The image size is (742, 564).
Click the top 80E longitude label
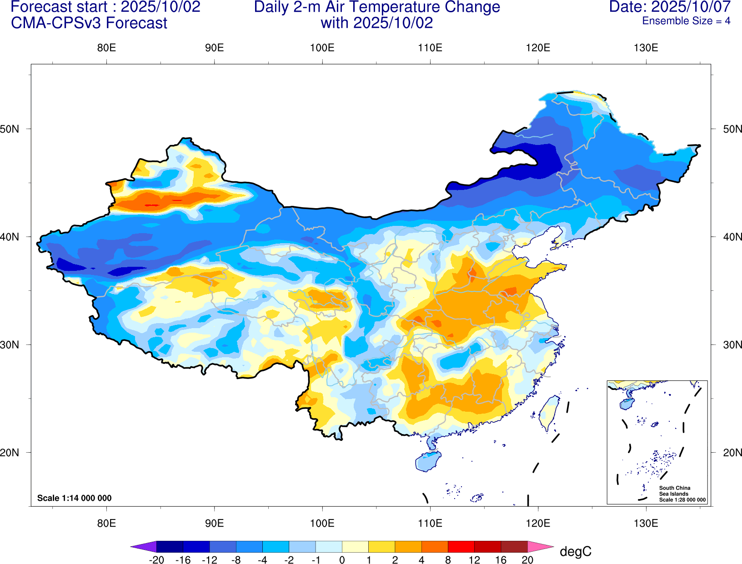tap(106, 48)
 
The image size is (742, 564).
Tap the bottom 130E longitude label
tap(646, 523)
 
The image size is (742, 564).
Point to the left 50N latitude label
tap(10, 129)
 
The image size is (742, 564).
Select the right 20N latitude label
tap(732, 453)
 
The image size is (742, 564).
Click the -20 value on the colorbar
tap(156, 560)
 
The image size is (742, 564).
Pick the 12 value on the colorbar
tap(474, 560)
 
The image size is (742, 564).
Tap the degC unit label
tap(575, 552)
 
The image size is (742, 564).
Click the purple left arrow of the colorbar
tap(144, 547)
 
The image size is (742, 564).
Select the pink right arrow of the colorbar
tap(540, 547)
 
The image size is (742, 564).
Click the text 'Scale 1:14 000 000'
tap(74, 498)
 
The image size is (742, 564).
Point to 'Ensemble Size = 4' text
tap(686, 21)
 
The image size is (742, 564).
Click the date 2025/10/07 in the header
tap(691, 7)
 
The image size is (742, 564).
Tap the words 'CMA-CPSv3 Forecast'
tap(89, 23)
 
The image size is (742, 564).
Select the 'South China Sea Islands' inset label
tap(674, 491)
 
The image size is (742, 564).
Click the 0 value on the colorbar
tap(342, 560)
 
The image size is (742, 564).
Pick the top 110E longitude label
tap(430, 48)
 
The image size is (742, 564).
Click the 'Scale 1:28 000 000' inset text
tap(682, 500)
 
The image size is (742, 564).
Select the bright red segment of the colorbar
tap(461, 547)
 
